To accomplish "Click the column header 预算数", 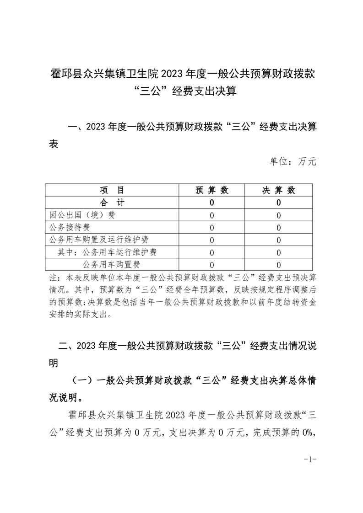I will click(212, 190).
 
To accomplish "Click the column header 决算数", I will click(279, 190).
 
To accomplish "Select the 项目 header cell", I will click(113, 190).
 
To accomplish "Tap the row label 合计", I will click(113, 203).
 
